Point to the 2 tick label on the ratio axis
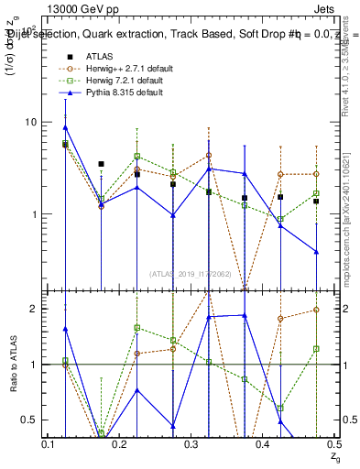click(x=38, y=309)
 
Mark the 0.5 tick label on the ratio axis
click(x=33, y=420)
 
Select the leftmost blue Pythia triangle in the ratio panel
click(x=65, y=328)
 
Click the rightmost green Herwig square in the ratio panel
click(x=315, y=349)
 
